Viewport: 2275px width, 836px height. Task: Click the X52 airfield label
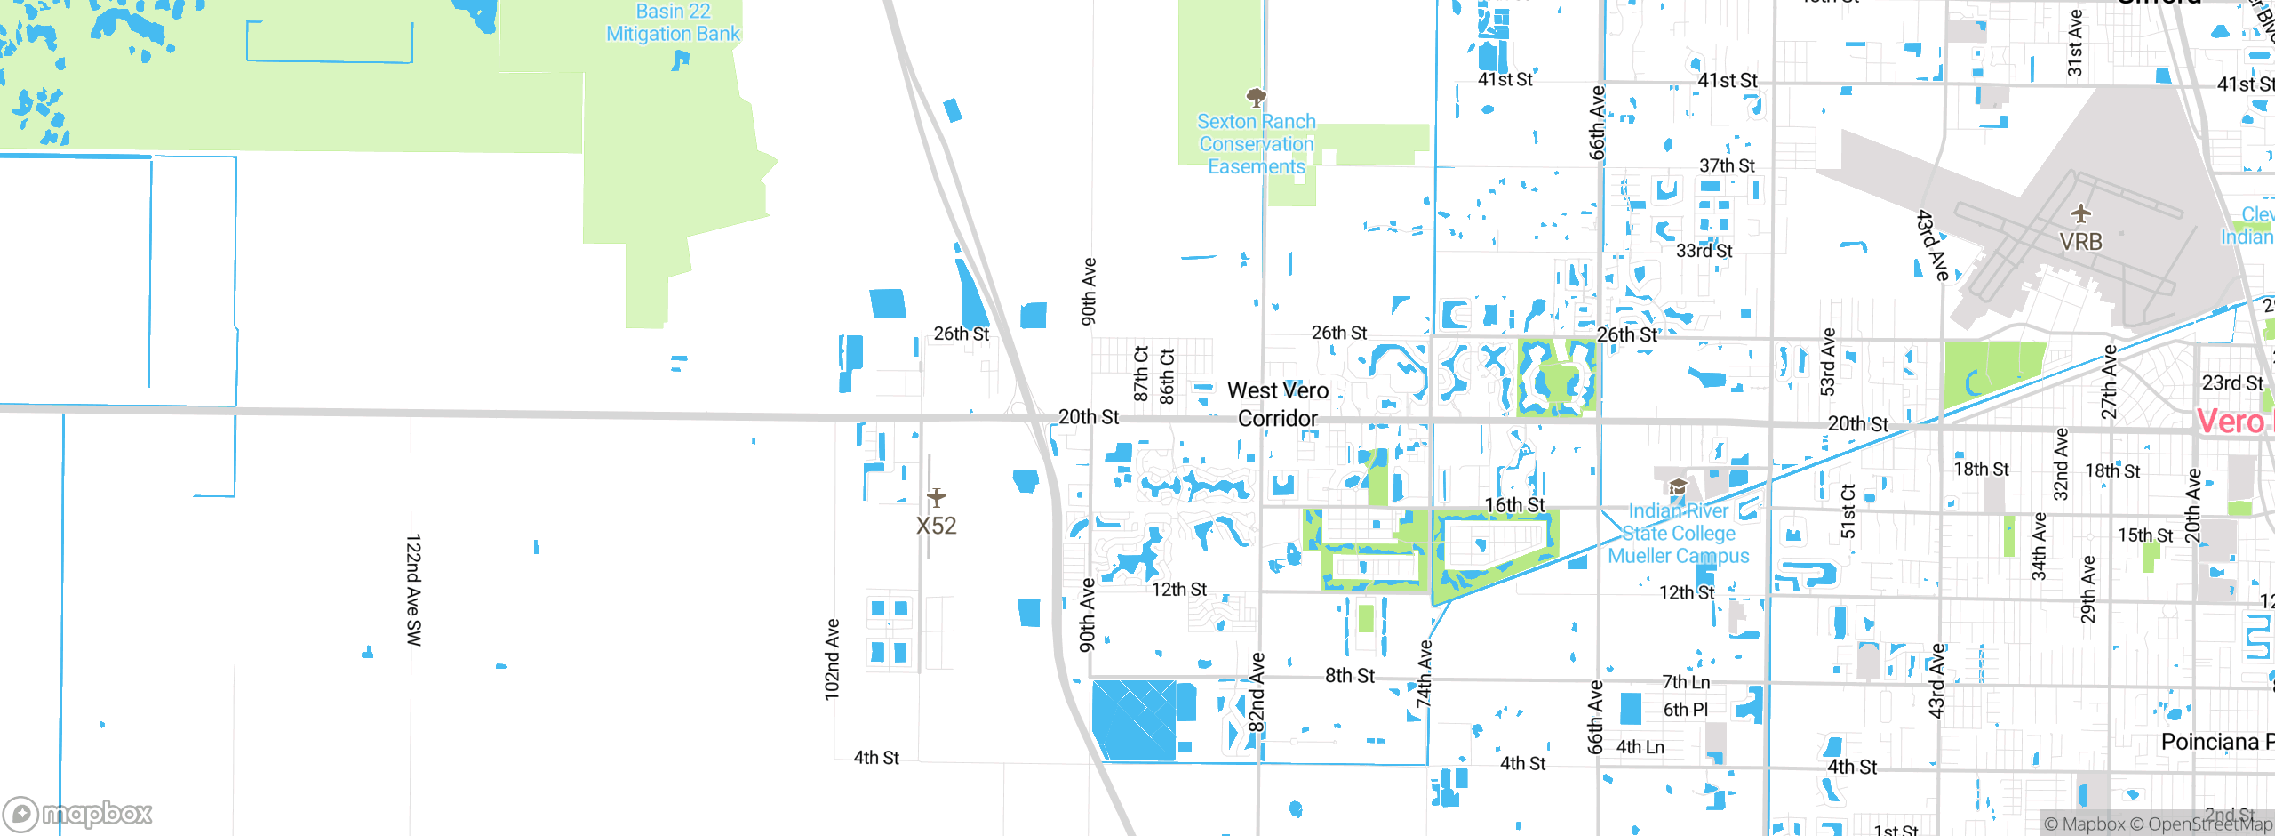tap(937, 526)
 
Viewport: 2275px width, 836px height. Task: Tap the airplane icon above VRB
tap(2081, 214)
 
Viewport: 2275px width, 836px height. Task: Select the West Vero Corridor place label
tap(1278, 404)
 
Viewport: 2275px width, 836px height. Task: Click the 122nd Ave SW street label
tap(414, 590)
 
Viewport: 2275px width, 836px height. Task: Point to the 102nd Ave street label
tap(832, 659)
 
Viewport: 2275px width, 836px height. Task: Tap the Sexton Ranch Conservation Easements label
tap(1256, 144)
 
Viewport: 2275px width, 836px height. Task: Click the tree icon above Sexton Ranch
tap(1256, 97)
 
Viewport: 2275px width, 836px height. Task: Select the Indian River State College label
tap(1678, 534)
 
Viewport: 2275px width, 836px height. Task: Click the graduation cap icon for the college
tap(1678, 487)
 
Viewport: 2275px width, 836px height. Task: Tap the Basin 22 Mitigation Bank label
tap(673, 23)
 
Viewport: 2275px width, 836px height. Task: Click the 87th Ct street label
tap(1141, 374)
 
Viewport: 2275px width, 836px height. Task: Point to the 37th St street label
tap(1727, 166)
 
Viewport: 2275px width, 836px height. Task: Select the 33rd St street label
tap(1704, 251)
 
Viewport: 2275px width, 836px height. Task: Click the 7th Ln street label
tap(1686, 682)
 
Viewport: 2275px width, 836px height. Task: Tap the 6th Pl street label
tap(1685, 710)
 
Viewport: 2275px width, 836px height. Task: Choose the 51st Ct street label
tap(1848, 510)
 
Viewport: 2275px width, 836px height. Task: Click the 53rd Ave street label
tap(1827, 361)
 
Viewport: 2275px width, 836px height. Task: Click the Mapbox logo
tap(78, 813)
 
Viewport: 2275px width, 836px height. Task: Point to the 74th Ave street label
tap(1424, 673)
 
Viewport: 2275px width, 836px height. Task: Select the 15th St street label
tap(2144, 535)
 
